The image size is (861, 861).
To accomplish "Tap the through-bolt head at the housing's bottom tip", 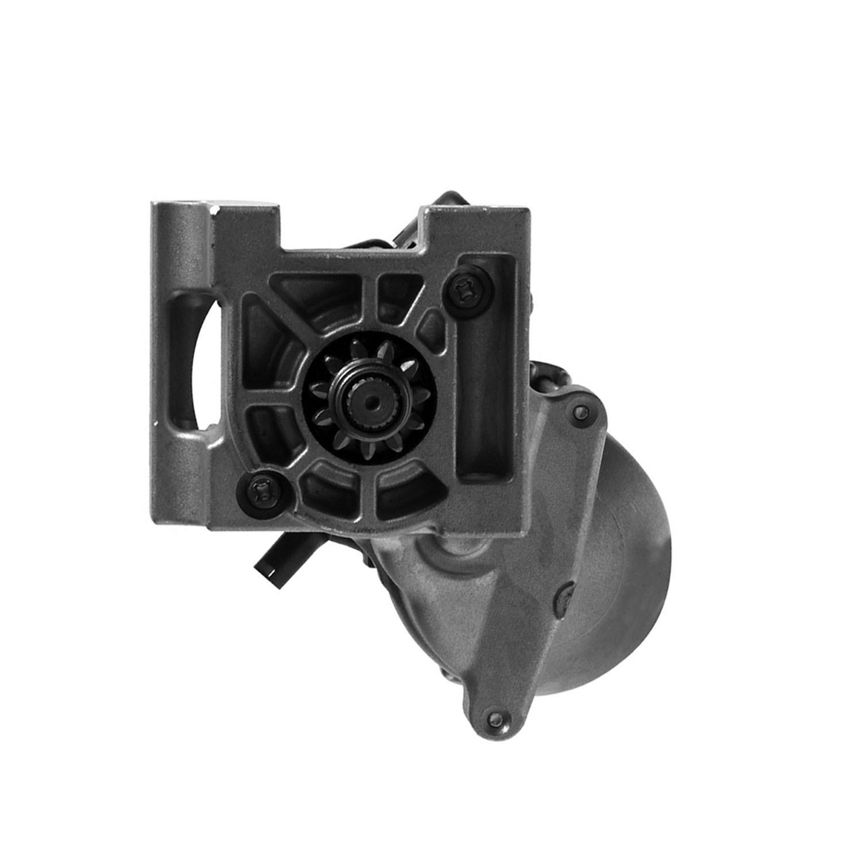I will pos(492,716).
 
